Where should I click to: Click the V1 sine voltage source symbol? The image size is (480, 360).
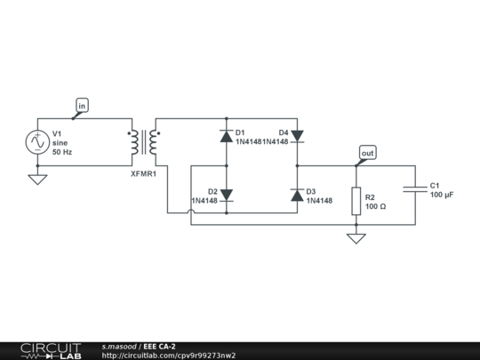pos(38,142)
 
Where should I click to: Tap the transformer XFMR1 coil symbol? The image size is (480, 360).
pos(144,142)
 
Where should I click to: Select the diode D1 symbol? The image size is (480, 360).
pos(226,136)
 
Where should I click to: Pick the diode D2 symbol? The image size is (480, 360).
pos(226,195)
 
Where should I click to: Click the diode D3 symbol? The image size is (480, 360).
pos(297,195)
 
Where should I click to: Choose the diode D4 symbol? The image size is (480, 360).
pos(297,136)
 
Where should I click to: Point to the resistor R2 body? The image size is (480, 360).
pos(356,201)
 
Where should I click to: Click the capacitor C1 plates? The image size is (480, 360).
pos(414,189)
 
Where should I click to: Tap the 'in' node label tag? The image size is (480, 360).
pos(82,106)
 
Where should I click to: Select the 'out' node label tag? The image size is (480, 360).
pos(367,153)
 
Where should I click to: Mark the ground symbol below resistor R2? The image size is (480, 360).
pos(356,238)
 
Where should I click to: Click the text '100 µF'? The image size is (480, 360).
pos(442,195)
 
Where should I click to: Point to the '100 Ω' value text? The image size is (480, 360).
pos(376,206)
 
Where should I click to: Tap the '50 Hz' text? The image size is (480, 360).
pos(62,153)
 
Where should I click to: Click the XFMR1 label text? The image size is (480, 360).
pos(143,174)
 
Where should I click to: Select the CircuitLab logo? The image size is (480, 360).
pos(50,350)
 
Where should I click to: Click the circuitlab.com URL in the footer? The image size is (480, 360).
pos(169,356)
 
